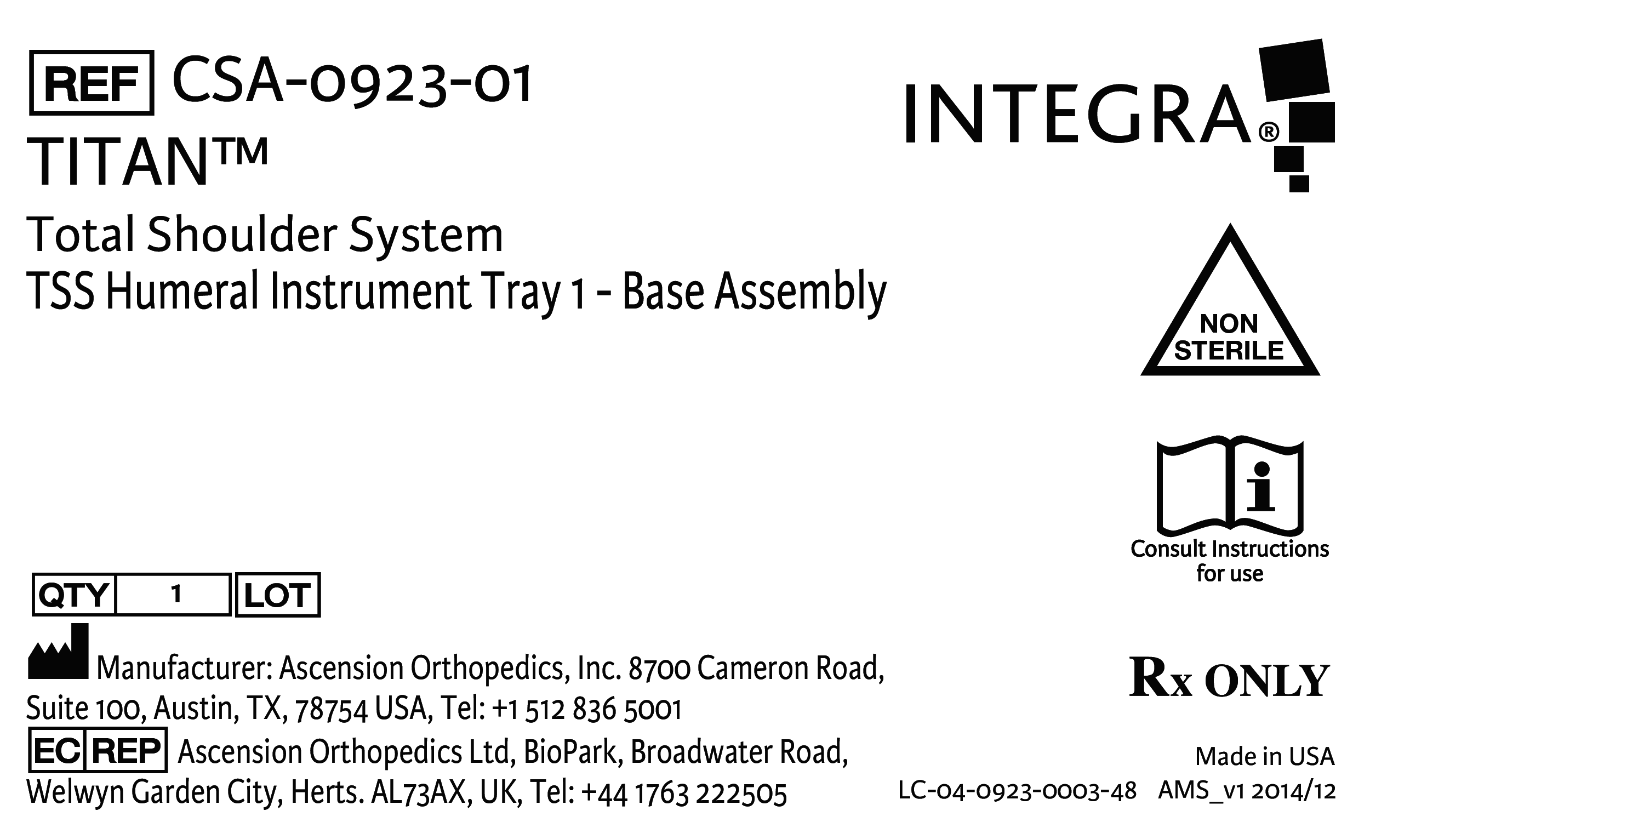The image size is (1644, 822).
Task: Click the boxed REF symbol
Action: (x=92, y=83)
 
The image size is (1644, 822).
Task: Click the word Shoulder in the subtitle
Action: (x=242, y=235)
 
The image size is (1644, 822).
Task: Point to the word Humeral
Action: (x=183, y=292)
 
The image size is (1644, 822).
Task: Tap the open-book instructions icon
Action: (x=1229, y=486)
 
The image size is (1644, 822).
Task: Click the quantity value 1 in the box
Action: (x=176, y=595)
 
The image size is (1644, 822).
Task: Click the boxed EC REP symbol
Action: (x=98, y=751)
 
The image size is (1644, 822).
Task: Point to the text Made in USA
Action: (x=1264, y=757)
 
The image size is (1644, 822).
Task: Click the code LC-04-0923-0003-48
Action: (x=1017, y=791)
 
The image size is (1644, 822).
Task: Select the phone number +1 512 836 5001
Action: (x=587, y=710)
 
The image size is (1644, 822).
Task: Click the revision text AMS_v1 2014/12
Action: (x=1246, y=791)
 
